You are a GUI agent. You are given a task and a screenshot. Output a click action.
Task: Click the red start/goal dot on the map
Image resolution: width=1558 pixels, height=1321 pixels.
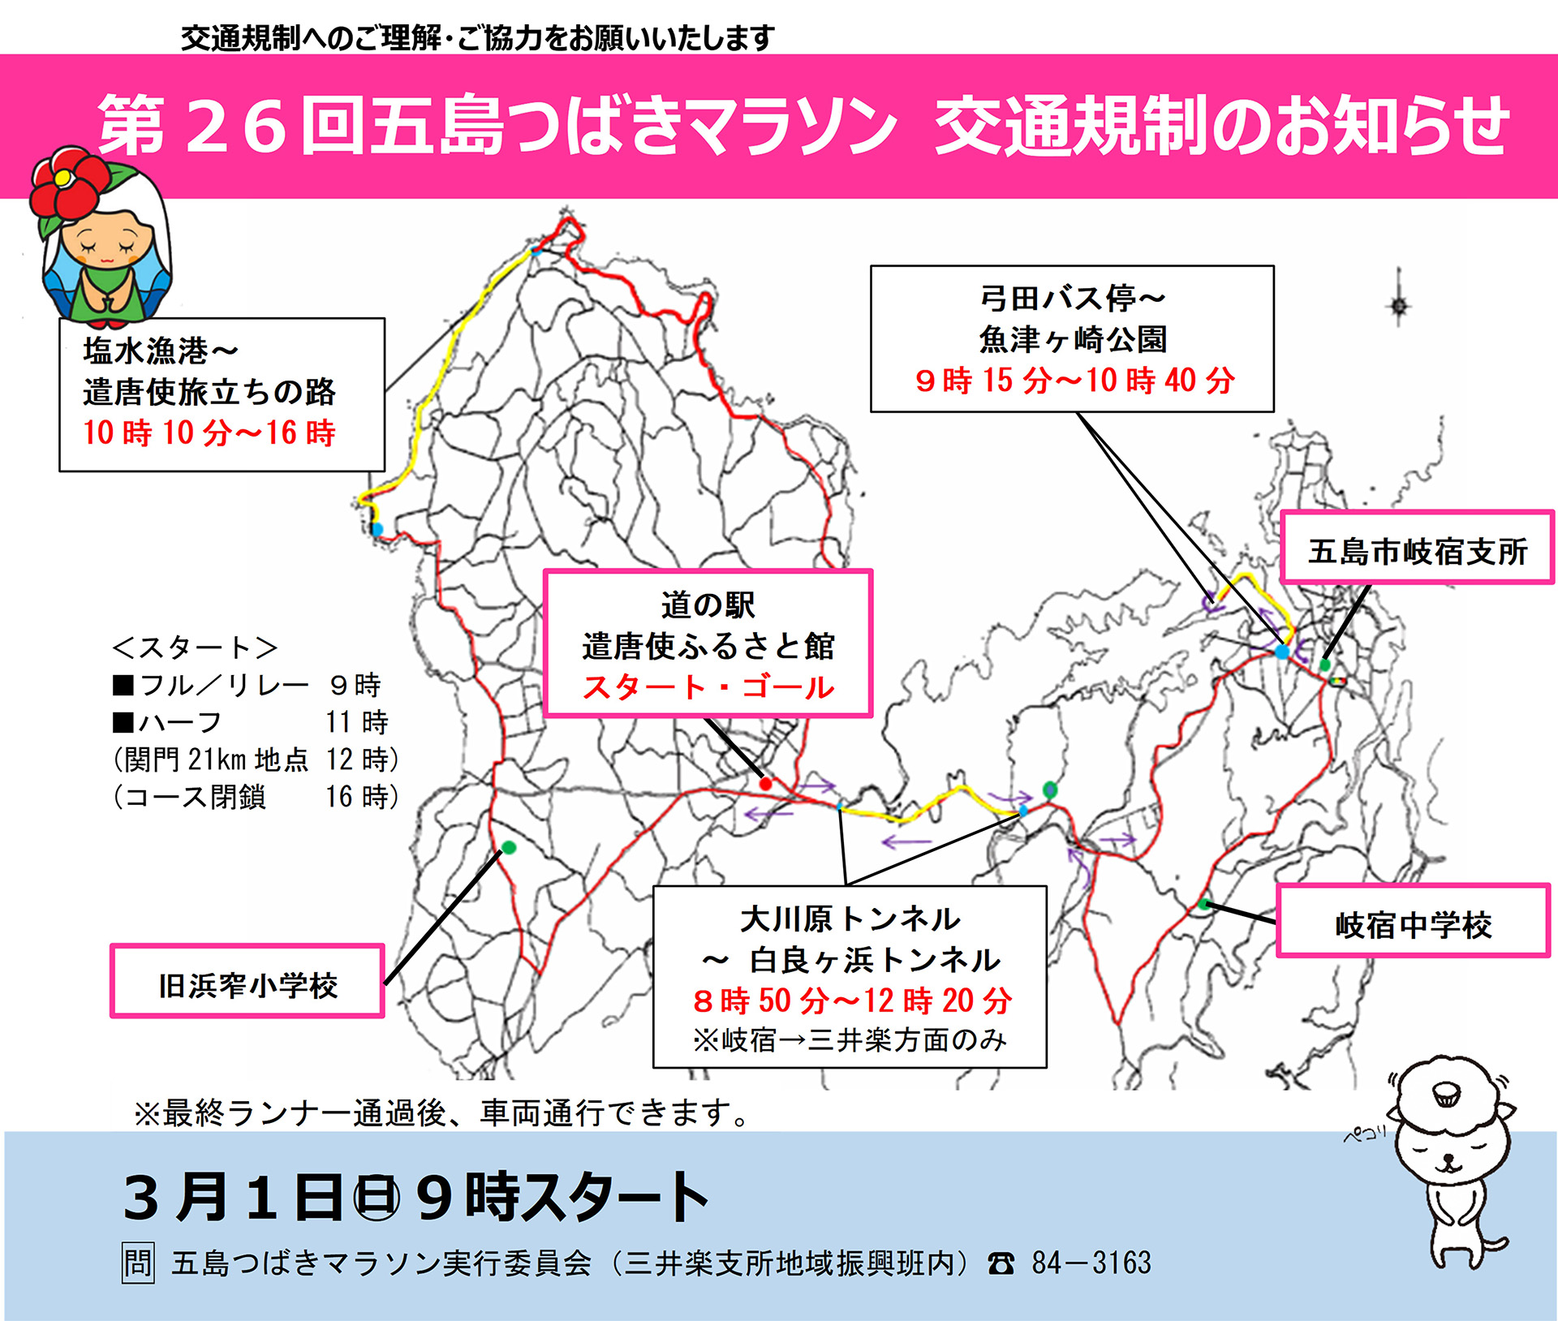point(765,784)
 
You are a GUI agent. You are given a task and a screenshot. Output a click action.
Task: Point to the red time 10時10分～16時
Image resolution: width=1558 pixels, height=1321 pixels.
point(209,432)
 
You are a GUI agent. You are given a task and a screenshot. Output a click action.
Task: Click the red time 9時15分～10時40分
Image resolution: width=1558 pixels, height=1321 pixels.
point(1074,380)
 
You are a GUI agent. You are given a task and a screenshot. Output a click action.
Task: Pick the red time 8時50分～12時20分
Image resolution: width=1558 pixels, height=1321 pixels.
point(852,1000)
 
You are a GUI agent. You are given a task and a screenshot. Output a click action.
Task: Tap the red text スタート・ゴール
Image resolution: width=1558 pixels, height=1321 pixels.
point(708,687)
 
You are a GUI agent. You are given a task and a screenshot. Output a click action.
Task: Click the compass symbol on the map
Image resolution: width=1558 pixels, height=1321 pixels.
point(1399,305)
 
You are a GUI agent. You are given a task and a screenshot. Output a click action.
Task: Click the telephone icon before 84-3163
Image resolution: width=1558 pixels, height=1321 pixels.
point(1001,1263)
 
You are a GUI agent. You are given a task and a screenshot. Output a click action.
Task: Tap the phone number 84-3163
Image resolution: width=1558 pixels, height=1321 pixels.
point(1091,1263)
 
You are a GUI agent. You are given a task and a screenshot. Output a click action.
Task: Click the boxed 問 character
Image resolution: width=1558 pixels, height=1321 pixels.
point(138,1263)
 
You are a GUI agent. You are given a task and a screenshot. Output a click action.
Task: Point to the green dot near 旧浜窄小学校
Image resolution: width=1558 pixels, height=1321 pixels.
point(509,847)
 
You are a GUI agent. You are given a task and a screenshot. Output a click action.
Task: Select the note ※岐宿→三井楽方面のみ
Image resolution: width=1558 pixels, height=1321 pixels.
point(850,1039)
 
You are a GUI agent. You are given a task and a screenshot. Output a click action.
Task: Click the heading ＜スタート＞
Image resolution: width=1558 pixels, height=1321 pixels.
point(195,648)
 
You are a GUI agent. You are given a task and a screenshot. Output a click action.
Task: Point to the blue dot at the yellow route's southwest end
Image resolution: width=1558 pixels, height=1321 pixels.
point(377,530)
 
